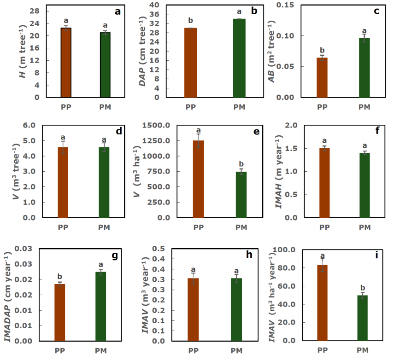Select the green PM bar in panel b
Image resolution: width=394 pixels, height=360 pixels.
239,58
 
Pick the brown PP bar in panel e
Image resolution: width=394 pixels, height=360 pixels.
199,179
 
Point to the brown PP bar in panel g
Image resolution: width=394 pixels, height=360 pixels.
60,313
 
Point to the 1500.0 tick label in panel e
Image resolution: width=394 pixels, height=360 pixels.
159,126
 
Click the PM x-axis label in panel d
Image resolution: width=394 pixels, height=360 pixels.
104,227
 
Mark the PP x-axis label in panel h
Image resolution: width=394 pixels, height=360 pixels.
193,351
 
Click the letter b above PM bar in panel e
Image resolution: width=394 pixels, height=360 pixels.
241,164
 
